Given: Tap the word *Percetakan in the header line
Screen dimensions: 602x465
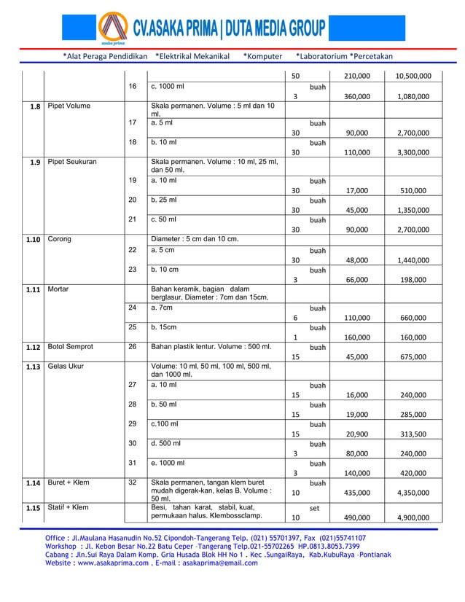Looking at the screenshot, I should pos(371,56).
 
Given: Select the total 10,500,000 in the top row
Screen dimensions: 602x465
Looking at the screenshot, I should pos(413,76).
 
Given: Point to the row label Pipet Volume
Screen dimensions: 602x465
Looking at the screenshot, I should pos(69,106).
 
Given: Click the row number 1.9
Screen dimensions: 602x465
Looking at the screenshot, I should pos(34,163).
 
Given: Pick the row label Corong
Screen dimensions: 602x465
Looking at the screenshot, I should pos(60,238).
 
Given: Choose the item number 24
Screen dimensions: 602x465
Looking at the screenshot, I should pos(133,307).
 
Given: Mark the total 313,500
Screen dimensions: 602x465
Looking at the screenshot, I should pos(414,434).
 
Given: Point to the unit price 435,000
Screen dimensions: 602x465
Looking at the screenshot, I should pos(356,493).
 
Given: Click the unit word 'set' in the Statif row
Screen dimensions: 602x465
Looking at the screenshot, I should pos(315,507).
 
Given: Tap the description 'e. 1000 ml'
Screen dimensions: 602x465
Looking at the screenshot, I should pos(168,462).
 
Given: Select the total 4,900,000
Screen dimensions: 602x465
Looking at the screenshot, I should pos(413,517).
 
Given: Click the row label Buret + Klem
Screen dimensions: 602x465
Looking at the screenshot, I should pos(70,482).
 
